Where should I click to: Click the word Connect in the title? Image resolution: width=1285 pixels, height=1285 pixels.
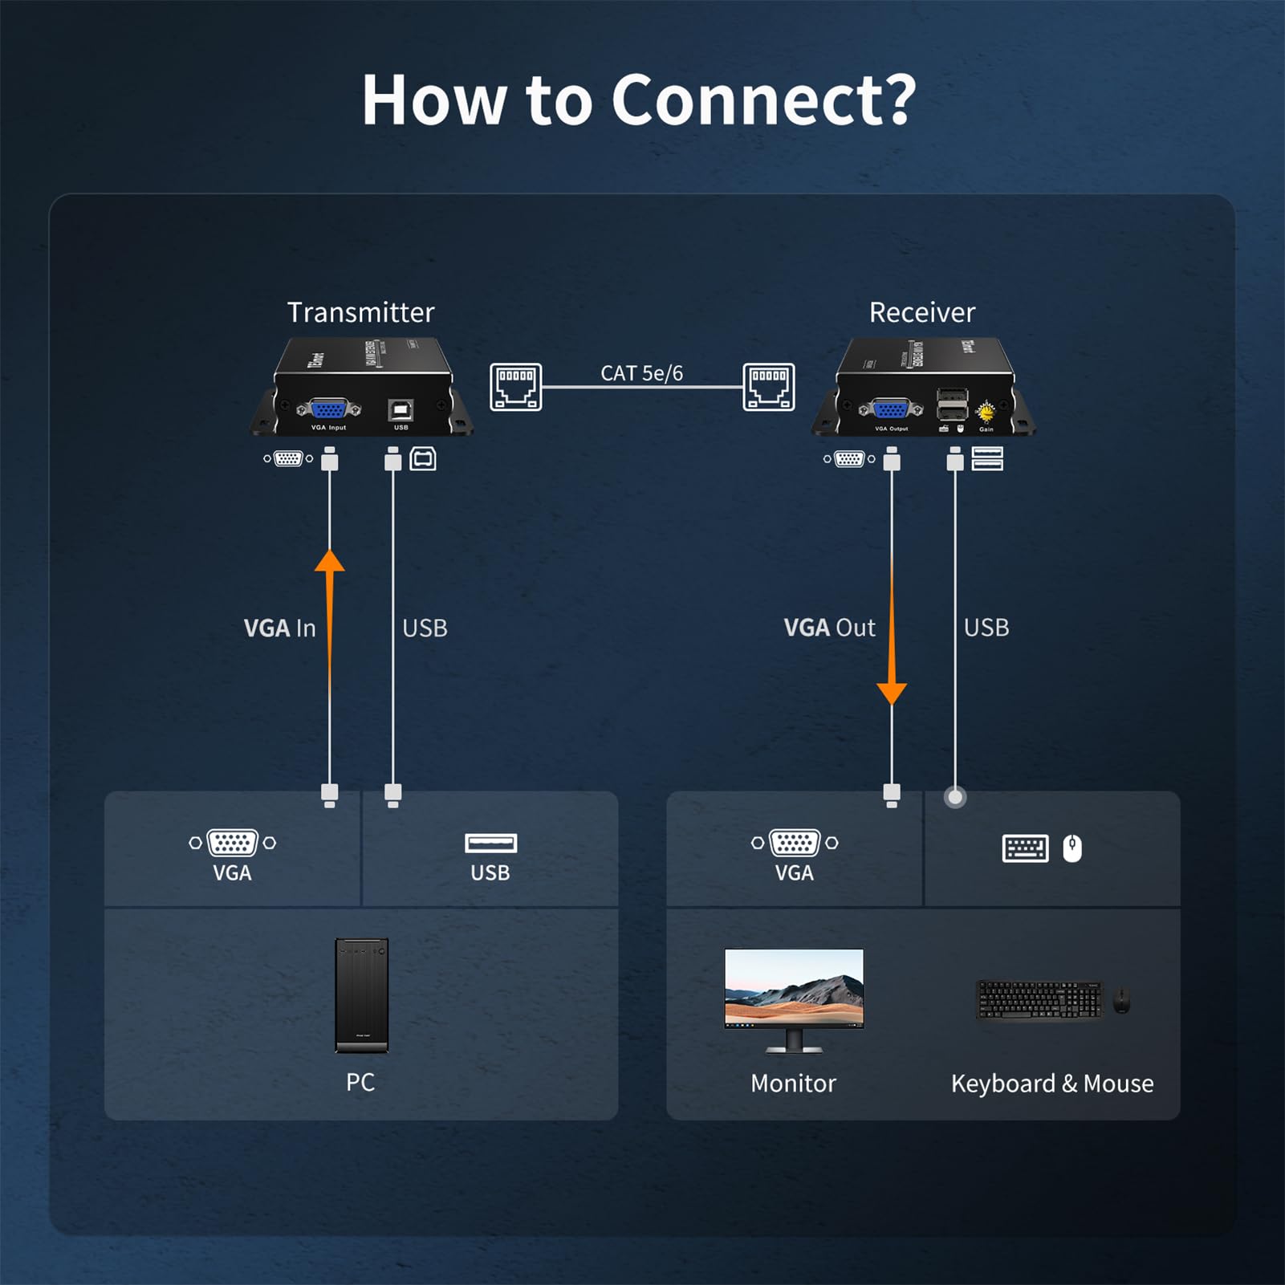762,100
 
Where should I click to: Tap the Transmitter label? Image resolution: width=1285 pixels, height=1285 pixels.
360,312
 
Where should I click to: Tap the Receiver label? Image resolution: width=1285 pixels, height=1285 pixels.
921,312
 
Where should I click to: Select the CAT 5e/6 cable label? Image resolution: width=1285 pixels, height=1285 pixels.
641,373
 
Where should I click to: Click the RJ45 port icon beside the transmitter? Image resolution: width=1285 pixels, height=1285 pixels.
515,387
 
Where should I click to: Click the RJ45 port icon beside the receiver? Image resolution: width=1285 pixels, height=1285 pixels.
768,387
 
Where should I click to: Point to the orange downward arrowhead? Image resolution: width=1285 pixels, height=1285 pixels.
891,693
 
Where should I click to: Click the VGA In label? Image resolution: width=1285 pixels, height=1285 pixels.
279,628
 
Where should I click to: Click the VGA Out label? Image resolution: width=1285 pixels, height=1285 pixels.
829,628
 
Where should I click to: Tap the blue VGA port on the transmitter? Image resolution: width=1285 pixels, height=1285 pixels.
328,410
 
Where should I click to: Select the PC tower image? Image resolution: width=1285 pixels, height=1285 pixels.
361,995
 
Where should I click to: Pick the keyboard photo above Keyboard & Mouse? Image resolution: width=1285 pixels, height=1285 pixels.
1039,1000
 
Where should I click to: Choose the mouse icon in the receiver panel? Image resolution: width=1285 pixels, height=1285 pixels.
1072,848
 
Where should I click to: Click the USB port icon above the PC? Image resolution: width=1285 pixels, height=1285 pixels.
490,843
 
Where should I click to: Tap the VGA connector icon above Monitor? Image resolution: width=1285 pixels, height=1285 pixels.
794,843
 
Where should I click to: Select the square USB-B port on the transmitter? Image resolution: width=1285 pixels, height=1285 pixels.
401,410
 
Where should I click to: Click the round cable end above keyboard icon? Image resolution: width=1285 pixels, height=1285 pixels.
954,797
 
